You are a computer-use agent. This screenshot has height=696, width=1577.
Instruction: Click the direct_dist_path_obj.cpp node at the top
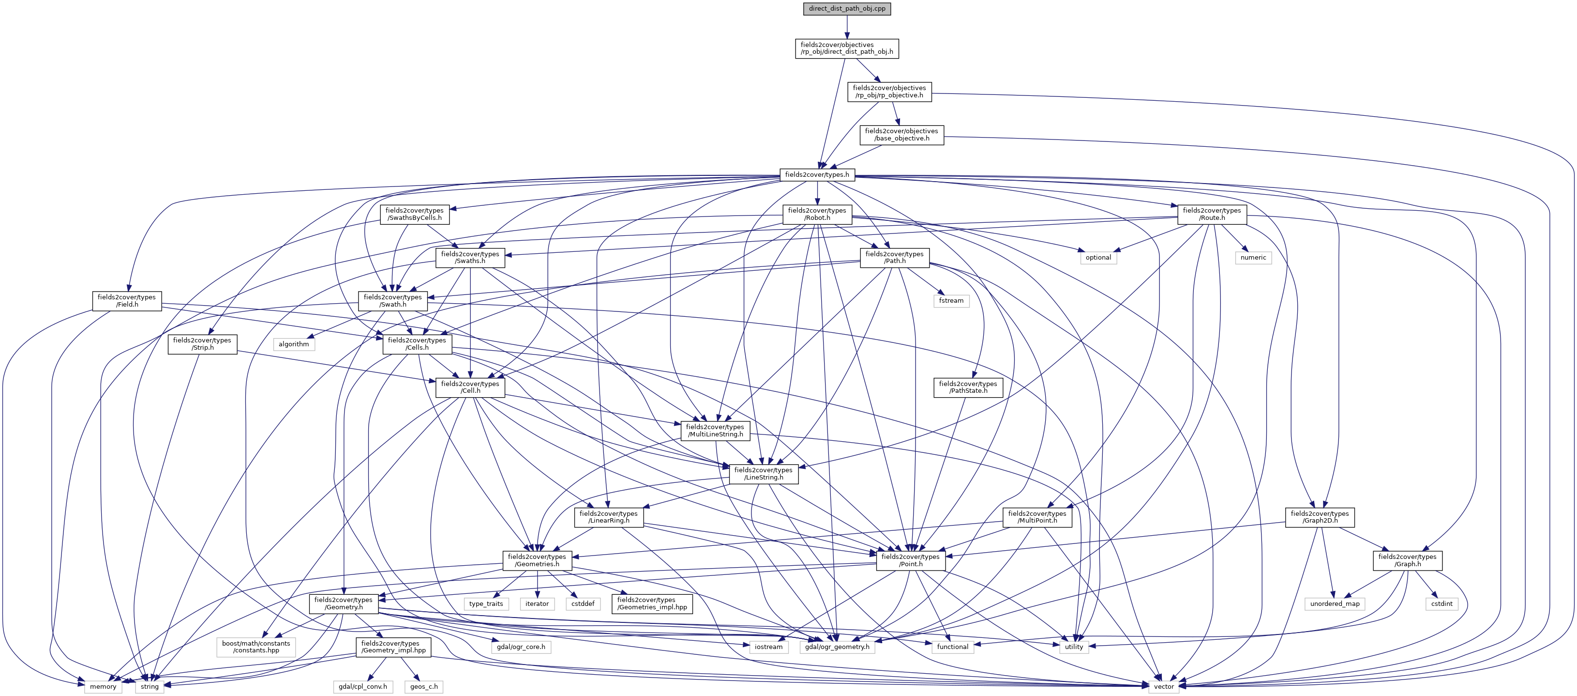click(x=847, y=9)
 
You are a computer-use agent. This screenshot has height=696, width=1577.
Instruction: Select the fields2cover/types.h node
click(x=817, y=175)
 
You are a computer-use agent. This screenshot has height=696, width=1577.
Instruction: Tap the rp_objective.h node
click(x=889, y=91)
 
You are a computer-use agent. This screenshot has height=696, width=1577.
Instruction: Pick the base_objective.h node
click(x=901, y=135)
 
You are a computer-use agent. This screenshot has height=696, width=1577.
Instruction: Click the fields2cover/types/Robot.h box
click(x=817, y=214)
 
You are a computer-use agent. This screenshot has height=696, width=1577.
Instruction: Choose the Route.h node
click(x=1212, y=214)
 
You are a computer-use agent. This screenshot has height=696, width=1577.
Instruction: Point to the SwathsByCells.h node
click(x=414, y=214)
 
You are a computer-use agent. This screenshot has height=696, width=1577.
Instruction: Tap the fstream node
click(x=951, y=301)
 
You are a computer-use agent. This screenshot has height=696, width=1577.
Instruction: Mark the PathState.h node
click(x=968, y=387)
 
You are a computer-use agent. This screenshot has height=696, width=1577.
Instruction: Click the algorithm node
click(x=293, y=344)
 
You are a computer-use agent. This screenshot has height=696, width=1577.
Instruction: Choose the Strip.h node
click(x=202, y=344)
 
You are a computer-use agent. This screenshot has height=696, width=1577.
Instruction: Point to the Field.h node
click(x=127, y=301)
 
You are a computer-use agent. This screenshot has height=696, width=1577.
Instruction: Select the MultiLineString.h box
click(x=715, y=431)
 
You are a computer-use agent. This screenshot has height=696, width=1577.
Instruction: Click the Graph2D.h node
click(x=1319, y=517)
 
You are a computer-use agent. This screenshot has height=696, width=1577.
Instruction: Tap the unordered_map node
click(x=1335, y=604)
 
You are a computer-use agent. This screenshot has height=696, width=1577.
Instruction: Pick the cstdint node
click(x=1441, y=604)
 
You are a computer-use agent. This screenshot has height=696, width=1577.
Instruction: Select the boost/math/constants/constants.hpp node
click(x=256, y=647)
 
